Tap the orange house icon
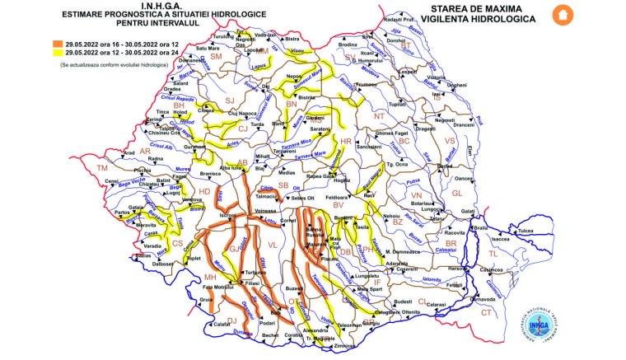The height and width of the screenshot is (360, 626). (563, 14)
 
